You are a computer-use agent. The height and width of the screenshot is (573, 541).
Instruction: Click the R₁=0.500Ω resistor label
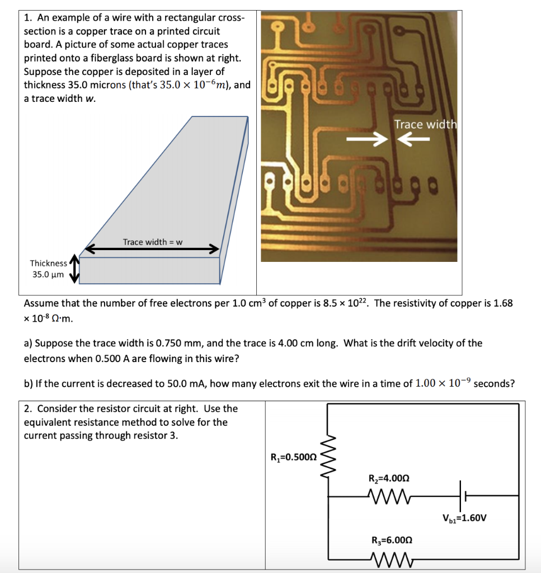tap(294, 457)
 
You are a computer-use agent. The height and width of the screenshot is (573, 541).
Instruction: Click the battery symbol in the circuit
tap(463, 495)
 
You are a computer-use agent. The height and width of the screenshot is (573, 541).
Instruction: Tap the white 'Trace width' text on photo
tap(425, 124)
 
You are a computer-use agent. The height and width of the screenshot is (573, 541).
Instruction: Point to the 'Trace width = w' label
tap(153, 242)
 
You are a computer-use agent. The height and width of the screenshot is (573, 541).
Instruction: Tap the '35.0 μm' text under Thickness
tap(48, 275)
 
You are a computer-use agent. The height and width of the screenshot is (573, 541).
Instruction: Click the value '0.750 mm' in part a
tap(168, 343)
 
